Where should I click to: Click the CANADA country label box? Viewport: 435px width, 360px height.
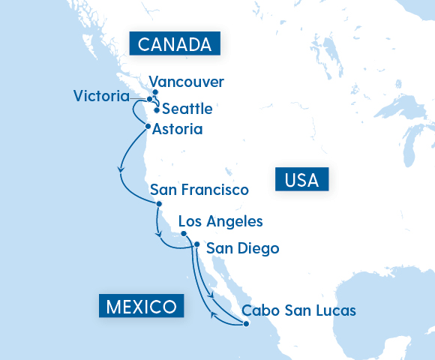(174, 44)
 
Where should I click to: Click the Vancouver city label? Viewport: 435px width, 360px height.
(187, 82)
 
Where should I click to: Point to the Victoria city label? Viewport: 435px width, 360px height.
(106, 96)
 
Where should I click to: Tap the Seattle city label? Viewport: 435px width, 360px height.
(187, 109)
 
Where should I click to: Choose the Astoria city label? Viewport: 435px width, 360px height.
(177, 129)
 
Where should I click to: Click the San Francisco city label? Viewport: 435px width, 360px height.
(199, 190)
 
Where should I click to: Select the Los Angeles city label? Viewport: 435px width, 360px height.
(220, 221)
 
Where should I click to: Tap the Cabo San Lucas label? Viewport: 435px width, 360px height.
(298, 310)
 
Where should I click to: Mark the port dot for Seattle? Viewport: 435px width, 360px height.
(157, 110)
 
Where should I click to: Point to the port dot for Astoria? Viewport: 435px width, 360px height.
(148, 126)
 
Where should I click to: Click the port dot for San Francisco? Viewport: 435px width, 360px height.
(159, 203)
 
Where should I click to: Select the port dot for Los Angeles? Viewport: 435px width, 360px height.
(184, 234)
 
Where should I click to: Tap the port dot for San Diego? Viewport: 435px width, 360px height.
(196, 244)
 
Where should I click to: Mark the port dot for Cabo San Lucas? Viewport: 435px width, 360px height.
(245, 324)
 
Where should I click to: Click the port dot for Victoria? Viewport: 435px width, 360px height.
(149, 99)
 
